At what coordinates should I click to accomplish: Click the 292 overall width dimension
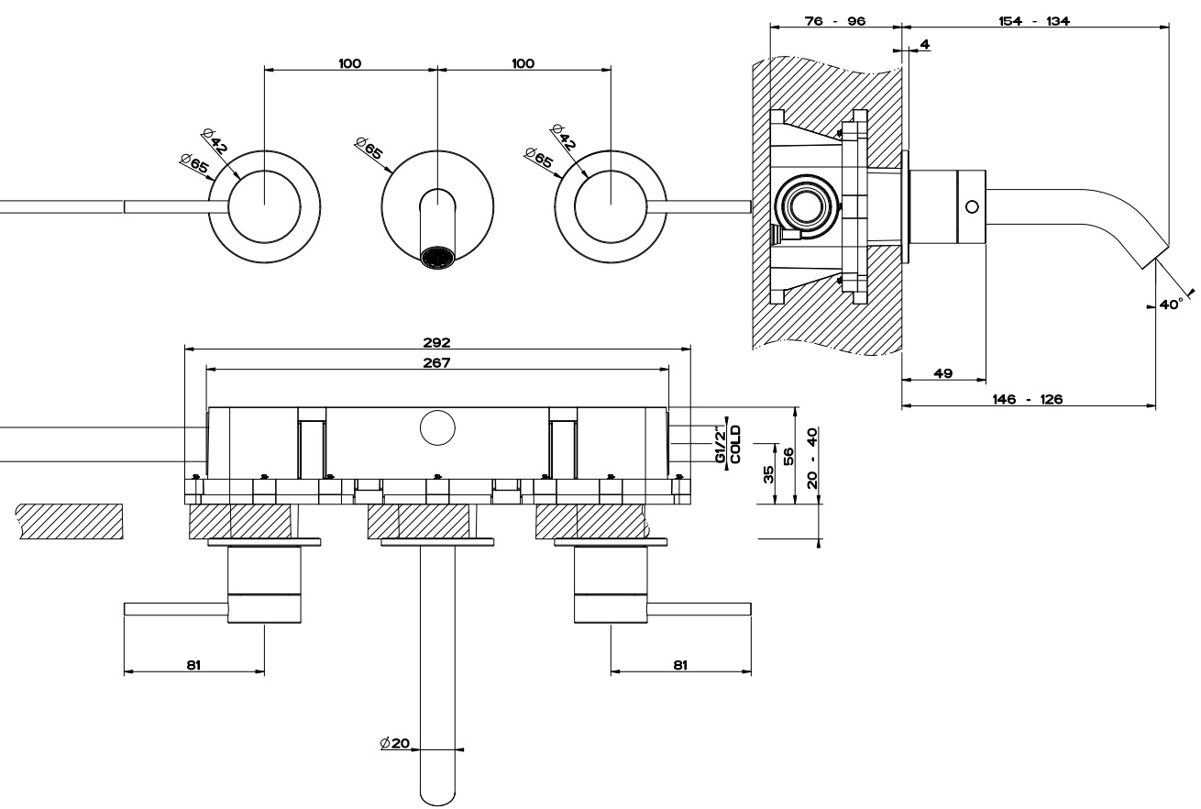(437, 342)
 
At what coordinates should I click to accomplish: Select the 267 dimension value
(437, 362)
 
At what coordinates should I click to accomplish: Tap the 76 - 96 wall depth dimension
(835, 21)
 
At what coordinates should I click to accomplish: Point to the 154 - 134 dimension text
(1034, 21)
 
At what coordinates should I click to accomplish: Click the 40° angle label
(1171, 304)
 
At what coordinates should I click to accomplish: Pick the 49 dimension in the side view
(943, 373)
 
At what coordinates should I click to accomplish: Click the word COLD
(735, 445)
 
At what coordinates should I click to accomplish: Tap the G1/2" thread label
(722, 445)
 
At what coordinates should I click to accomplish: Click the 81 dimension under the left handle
(193, 665)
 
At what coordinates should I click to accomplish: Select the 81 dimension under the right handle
(679, 665)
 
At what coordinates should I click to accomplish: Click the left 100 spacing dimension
(349, 63)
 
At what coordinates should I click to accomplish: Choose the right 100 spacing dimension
(523, 63)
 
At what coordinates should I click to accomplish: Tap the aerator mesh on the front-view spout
(437, 256)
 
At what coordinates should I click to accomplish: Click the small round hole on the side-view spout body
(972, 205)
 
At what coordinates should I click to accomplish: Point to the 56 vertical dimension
(788, 456)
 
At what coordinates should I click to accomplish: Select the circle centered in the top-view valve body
(437, 429)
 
